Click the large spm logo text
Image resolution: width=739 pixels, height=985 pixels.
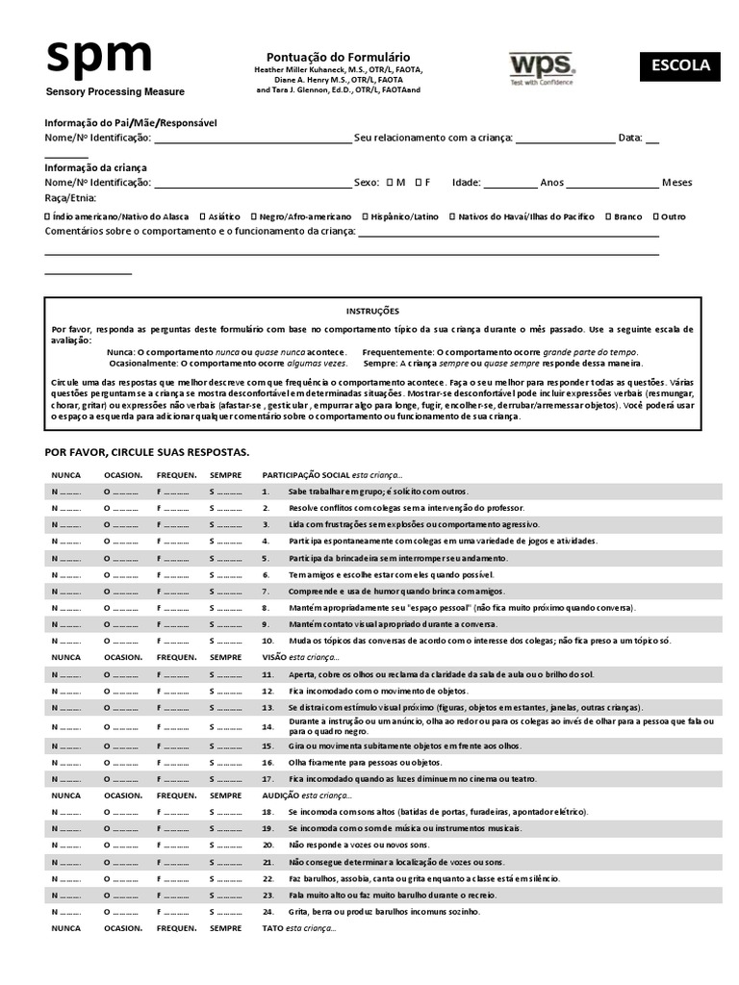pyautogui.click(x=98, y=57)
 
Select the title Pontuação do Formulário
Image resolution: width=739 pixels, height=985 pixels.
pyautogui.click(x=337, y=58)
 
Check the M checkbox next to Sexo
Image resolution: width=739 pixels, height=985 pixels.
pyautogui.click(x=390, y=182)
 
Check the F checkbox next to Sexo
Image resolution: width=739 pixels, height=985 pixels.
pyautogui.click(x=418, y=182)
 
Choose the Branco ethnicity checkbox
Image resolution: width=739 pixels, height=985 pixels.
pyautogui.click(x=607, y=216)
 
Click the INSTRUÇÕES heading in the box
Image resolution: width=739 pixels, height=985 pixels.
pyautogui.click(x=371, y=311)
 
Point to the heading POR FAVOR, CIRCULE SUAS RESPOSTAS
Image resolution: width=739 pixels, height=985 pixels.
pyautogui.click(x=147, y=451)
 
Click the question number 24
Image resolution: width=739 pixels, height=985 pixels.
pyautogui.click(x=268, y=911)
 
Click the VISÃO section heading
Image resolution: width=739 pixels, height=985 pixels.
pyautogui.click(x=275, y=657)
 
